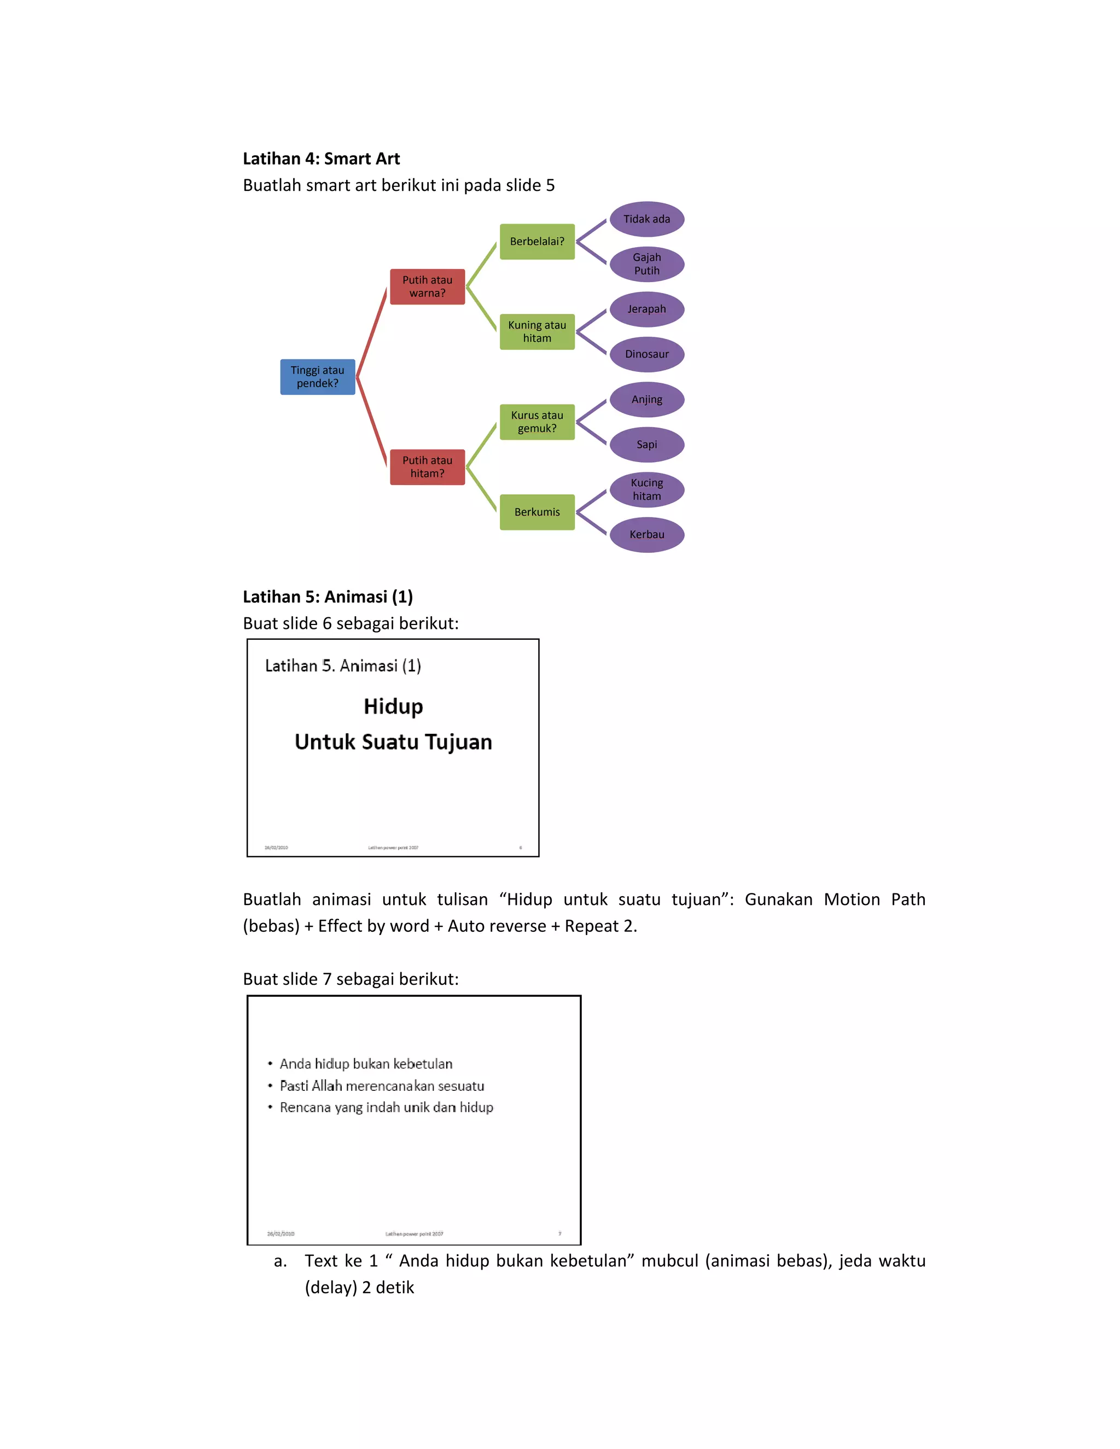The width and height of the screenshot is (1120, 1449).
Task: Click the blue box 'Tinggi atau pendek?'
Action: [317, 377]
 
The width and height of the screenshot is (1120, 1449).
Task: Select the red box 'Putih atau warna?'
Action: [427, 287]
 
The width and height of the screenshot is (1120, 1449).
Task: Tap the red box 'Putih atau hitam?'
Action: [427, 467]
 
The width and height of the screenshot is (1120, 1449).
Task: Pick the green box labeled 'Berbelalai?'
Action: [537, 242]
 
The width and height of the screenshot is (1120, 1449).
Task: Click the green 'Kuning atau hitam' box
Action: [537, 332]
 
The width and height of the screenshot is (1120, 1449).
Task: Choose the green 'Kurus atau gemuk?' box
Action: [537, 422]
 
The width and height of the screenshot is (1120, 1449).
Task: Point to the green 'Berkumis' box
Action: [537, 512]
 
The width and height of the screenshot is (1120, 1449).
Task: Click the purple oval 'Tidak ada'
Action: [647, 219]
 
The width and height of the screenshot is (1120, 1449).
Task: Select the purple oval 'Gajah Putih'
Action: [647, 264]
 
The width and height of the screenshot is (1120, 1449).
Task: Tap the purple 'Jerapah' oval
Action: [647, 309]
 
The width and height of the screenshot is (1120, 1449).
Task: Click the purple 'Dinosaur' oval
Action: [647, 354]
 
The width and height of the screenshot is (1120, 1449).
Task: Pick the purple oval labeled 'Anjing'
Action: [647, 399]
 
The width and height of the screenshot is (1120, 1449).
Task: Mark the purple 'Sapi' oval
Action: [647, 445]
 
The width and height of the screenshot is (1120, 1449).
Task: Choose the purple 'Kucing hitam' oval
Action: [647, 489]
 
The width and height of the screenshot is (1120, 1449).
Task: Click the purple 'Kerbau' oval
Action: [647, 535]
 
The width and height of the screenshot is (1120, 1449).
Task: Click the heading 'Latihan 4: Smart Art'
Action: [321, 159]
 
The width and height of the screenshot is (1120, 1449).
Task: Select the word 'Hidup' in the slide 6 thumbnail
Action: [393, 706]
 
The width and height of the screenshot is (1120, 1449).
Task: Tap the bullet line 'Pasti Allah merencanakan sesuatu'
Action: [382, 1086]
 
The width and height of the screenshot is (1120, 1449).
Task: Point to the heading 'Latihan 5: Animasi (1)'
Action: [328, 597]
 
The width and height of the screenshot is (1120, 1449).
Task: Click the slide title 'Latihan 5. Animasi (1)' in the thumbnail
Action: [343, 665]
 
